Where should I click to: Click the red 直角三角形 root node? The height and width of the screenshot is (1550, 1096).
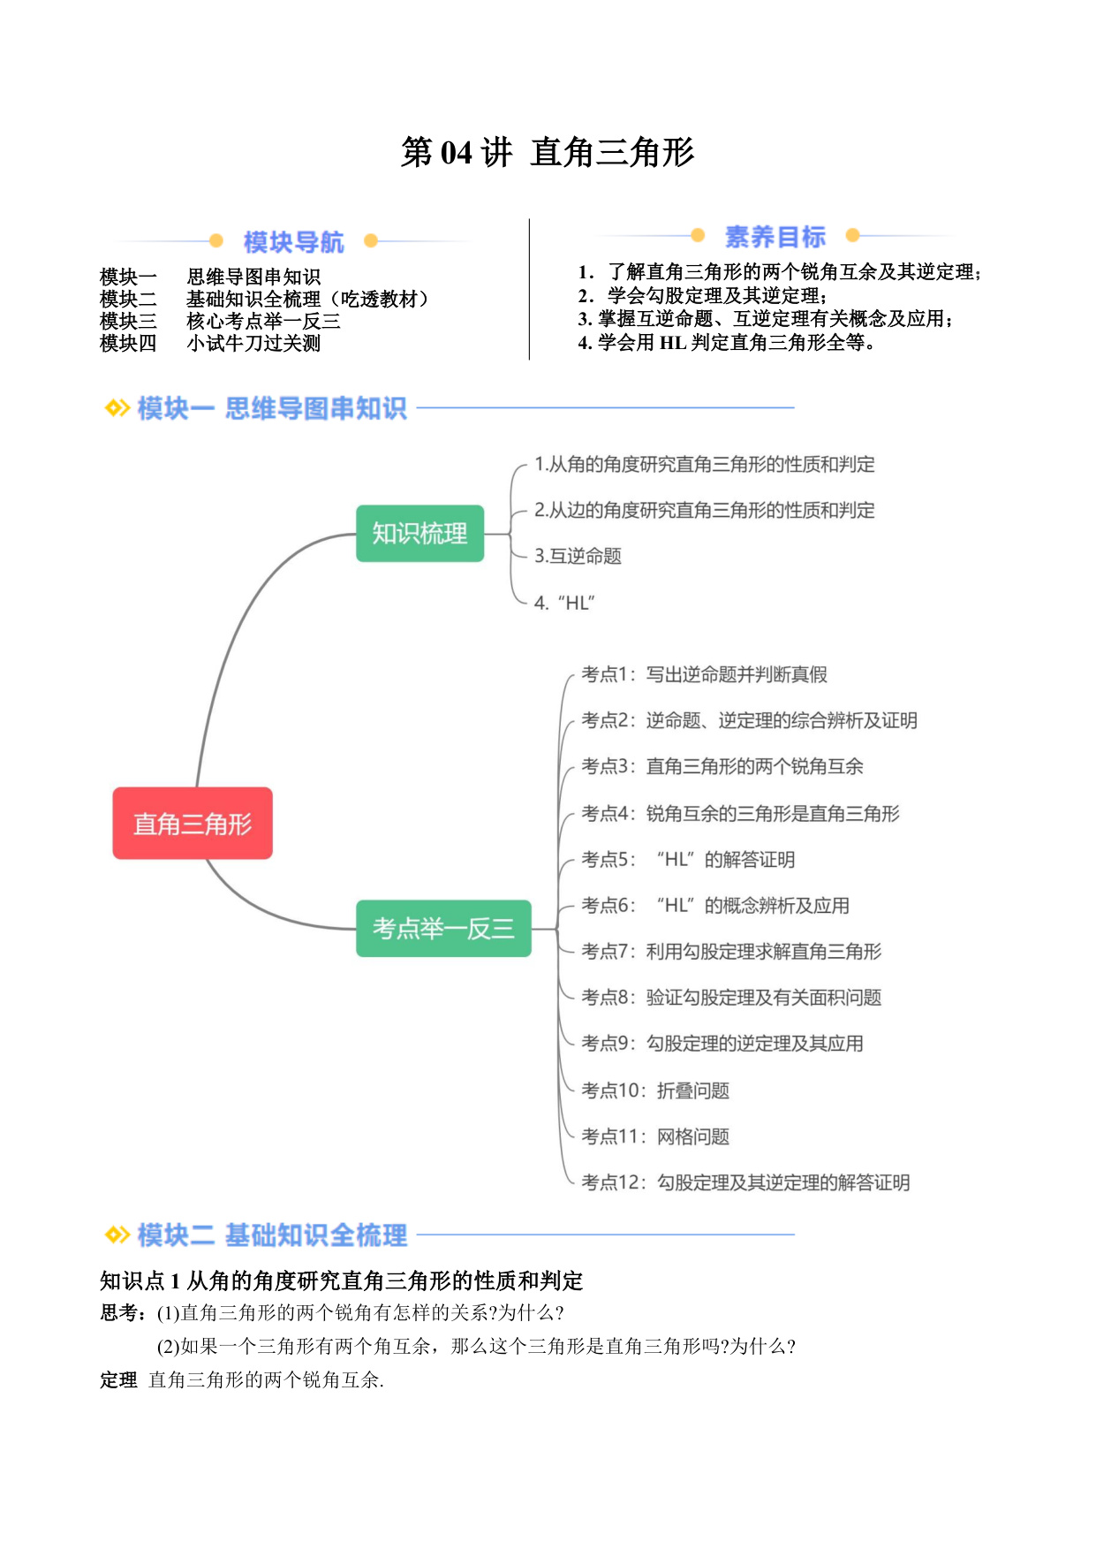(x=193, y=823)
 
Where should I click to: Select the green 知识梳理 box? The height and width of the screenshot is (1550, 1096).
(x=420, y=533)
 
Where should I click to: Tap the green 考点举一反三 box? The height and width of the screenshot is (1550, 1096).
(x=443, y=928)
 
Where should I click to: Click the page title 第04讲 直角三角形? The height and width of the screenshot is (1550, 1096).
(x=548, y=152)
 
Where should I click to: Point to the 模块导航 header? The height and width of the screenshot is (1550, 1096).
(x=293, y=241)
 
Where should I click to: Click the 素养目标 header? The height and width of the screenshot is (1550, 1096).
(x=775, y=236)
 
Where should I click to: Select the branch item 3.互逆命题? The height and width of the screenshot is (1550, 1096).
(x=578, y=556)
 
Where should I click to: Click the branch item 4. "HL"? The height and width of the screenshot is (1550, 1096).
(x=565, y=603)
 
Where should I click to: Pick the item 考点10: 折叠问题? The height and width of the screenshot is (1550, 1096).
(x=655, y=1090)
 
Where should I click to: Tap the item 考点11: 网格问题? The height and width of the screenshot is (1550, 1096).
(x=655, y=1136)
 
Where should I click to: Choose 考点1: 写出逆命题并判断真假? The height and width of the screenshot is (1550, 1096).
(x=704, y=674)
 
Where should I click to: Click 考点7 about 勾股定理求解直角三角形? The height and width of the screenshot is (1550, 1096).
(x=731, y=951)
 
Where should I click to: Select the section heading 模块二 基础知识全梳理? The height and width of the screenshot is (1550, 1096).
(x=272, y=1235)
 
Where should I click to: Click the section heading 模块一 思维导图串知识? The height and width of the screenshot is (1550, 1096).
(x=272, y=408)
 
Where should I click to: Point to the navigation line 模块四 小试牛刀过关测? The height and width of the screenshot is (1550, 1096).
(x=210, y=343)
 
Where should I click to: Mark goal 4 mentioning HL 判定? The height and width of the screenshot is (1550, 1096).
(x=727, y=342)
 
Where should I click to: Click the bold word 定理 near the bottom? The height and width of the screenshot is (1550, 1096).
(x=118, y=1379)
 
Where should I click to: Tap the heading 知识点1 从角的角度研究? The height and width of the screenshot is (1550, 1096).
(x=342, y=1280)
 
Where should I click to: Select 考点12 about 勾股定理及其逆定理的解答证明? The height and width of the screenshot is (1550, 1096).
(x=745, y=1182)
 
